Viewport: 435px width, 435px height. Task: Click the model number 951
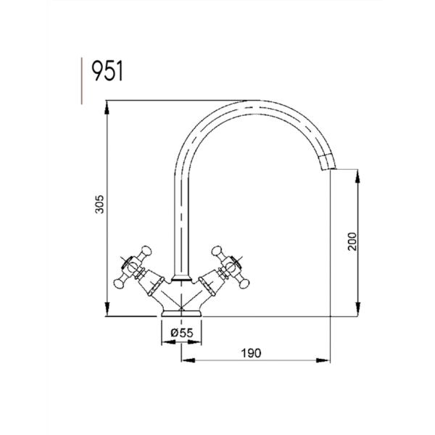click(x=107, y=71)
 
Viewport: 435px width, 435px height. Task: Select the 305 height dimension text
click(x=99, y=204)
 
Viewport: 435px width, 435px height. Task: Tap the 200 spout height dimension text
click(x=352, y=241)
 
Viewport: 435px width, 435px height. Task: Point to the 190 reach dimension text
click(x=251, y=353)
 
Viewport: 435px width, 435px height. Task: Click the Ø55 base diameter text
click(x=182, y=332)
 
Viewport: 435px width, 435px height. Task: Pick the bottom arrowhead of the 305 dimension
click(x=107, y=309)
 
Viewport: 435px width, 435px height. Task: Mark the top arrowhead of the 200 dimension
click(x=357, y=176)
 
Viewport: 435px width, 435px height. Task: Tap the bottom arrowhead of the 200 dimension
click(x=357, y=309)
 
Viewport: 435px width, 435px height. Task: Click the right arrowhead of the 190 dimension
click(x=323, y=360)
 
